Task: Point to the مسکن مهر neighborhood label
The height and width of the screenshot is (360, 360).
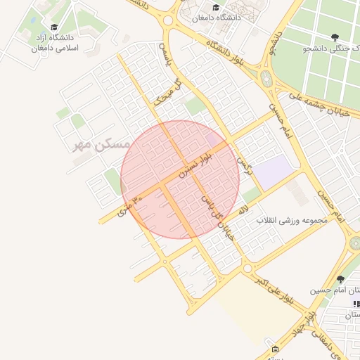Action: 102,145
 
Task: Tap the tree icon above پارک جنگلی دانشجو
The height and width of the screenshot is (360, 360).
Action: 334,36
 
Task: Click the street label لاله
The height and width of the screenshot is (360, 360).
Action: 243,209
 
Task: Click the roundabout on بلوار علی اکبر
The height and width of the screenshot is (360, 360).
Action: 247,268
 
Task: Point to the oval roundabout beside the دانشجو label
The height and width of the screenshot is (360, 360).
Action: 266,79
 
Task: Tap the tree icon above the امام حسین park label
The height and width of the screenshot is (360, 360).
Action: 341,279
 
